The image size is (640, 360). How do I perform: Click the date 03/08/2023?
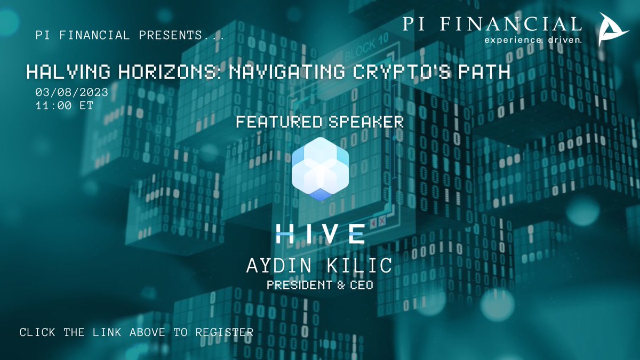pos(72,92)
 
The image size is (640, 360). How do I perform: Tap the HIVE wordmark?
pos(320,233)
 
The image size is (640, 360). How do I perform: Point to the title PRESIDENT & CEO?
pos(320,285)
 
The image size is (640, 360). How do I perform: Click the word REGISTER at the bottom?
pos(224,332)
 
